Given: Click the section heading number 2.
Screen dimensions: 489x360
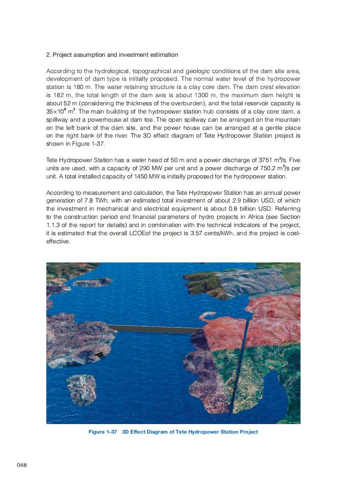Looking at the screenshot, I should pos(48,55).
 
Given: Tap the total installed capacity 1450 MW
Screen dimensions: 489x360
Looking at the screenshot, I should pos(133,176).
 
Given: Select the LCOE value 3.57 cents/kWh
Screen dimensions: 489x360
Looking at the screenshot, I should pos(220,233).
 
